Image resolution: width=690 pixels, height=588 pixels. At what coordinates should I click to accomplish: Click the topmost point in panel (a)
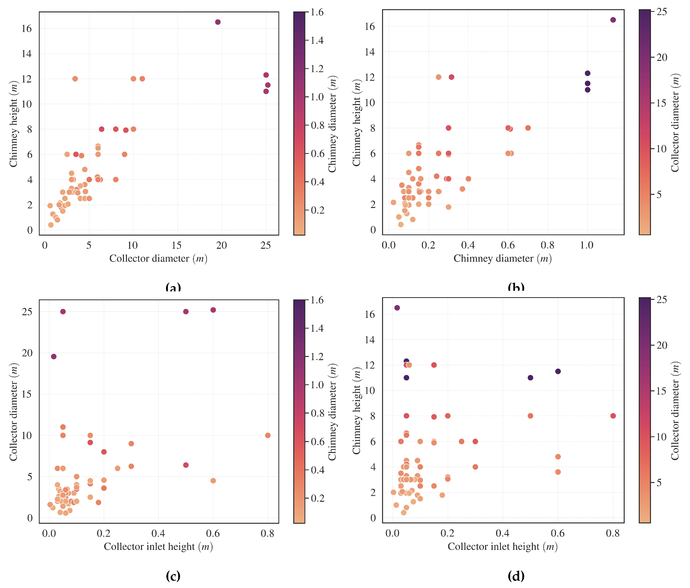(218, 22)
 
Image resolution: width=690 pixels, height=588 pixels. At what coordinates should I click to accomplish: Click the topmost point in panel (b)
(613, 20)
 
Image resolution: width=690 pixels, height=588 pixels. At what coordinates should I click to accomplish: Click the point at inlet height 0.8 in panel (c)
(268, 435)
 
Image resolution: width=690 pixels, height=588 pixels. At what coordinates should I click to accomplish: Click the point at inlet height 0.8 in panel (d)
(613, 416)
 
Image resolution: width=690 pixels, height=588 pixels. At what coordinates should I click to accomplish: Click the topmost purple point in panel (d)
(397, 308)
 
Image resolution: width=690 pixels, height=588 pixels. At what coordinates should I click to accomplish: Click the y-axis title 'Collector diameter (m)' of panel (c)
(13, 412)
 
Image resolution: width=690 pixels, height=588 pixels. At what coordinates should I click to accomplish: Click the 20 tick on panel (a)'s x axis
(221, 246)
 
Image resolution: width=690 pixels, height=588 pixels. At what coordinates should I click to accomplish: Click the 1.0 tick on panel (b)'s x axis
(587, 246)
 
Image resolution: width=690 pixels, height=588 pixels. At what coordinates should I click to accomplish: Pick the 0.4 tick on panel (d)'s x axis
(502, 533)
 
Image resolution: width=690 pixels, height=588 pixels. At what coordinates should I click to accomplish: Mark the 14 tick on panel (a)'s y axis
(27, 54)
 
